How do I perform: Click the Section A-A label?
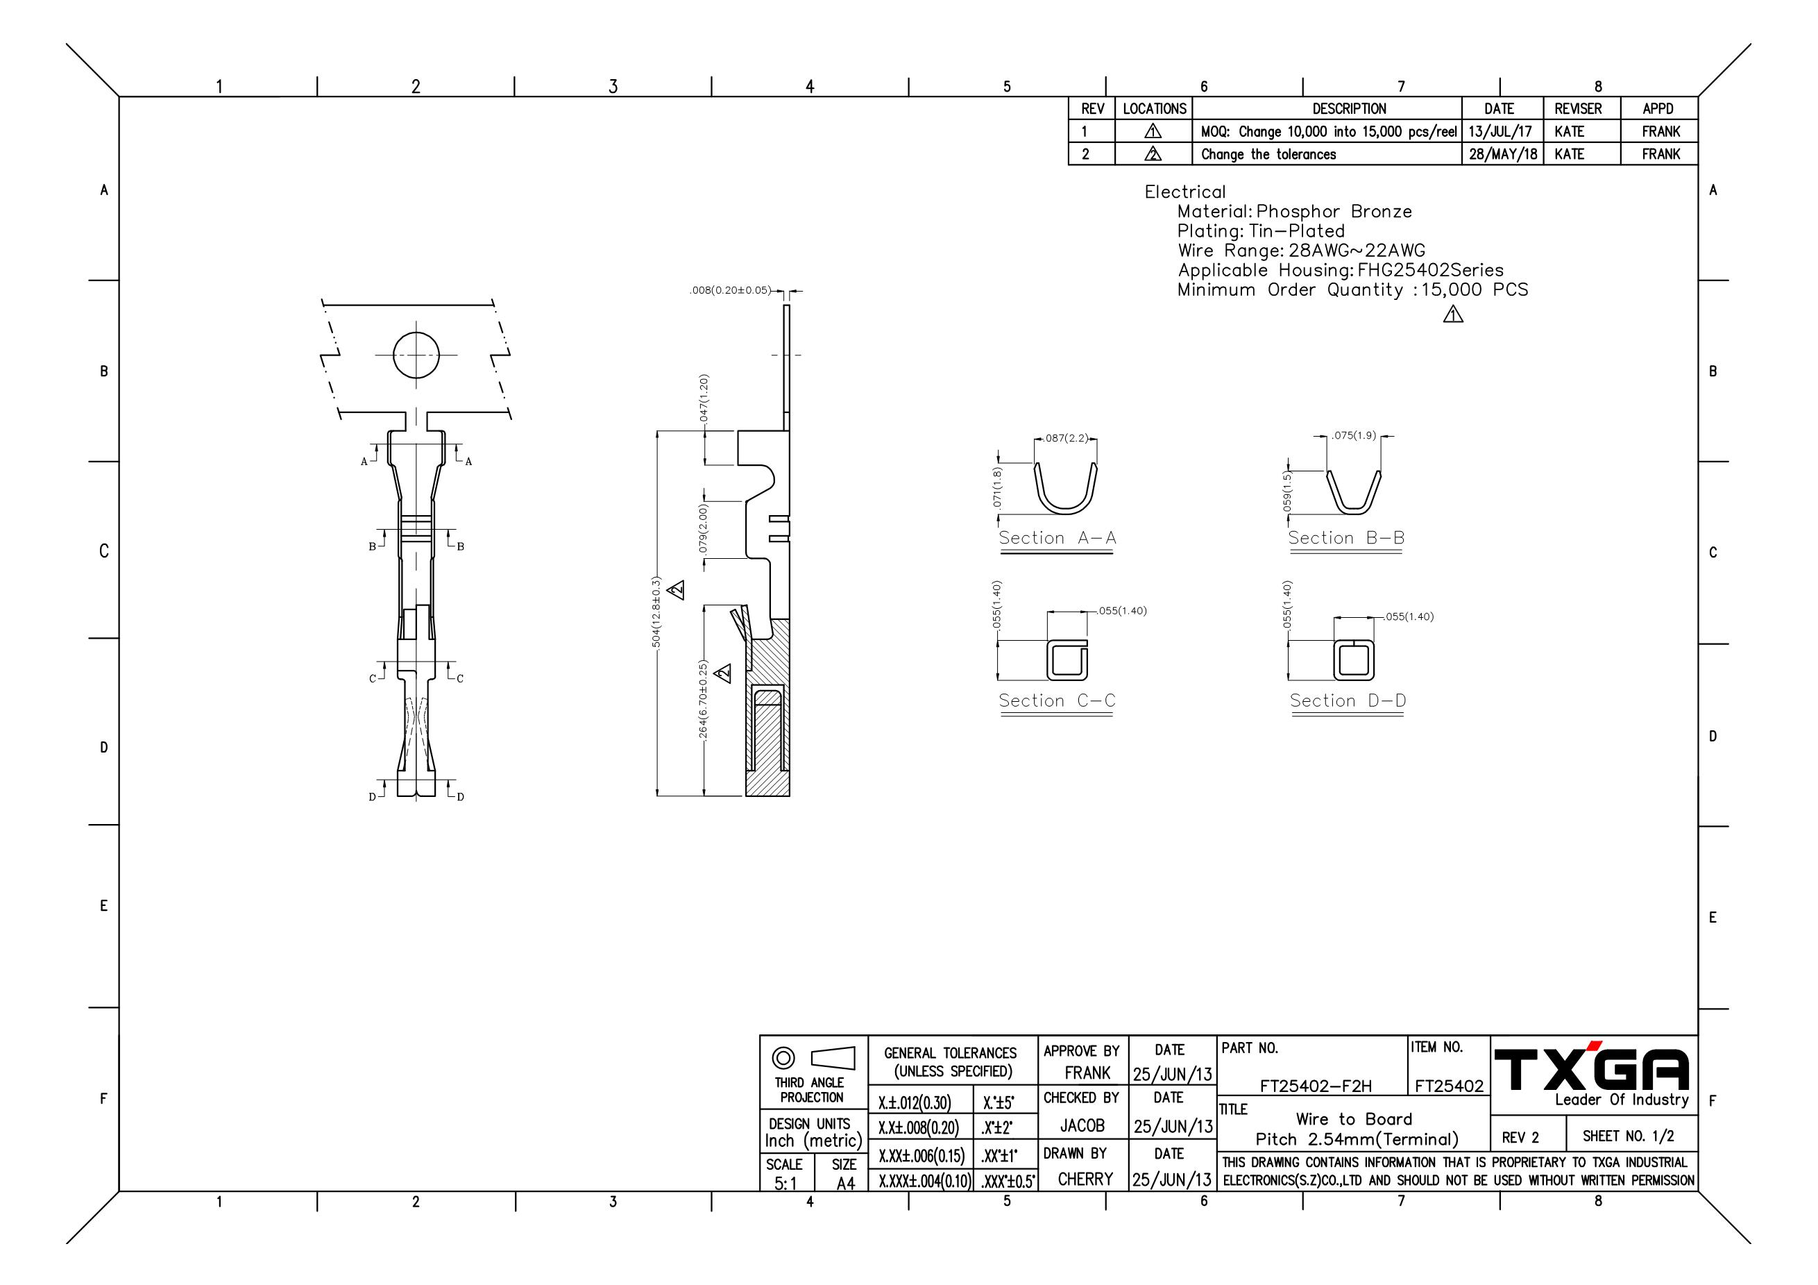point(1057,538)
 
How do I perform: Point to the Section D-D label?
point(1348,700)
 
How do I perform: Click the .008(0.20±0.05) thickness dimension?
point(729,291)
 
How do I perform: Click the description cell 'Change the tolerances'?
point(1268,155)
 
